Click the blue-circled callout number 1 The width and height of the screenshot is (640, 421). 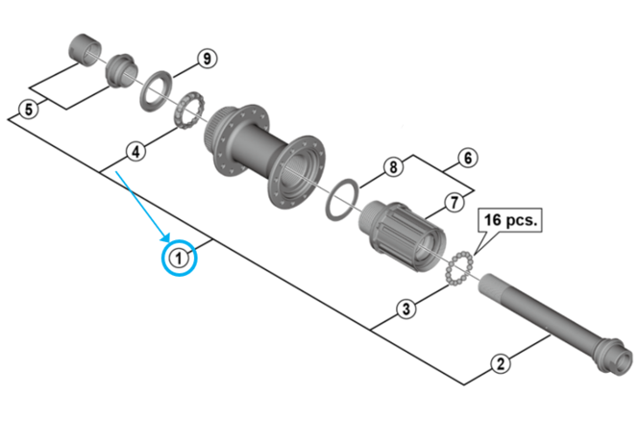coord(179,257)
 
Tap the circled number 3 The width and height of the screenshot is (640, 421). coord(406,309)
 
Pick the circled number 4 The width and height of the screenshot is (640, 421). coord(136,152)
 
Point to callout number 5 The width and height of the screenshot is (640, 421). coord(28,109)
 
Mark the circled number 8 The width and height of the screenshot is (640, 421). coord(392,167)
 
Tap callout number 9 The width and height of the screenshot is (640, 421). coord(205,59)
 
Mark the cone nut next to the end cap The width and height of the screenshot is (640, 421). coord(120,70)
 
